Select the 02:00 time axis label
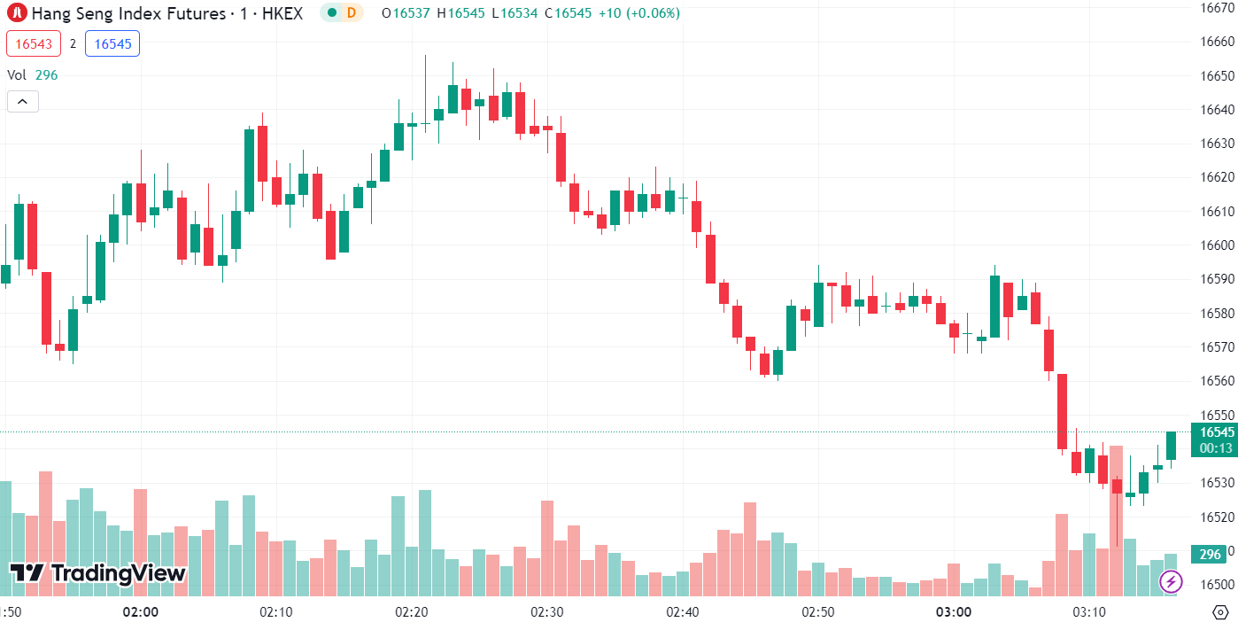pyautogui.click(x=141, y=612)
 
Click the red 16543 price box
pyautogui.click(x=34, y=43)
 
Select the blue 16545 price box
pyautogui.click(x=112, y=43)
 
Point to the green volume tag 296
pyautogui.click(x=1210, y=555)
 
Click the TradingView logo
pyautogui.click(x=97, y=573)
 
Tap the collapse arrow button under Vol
pyautogui.click(x=23, y=101)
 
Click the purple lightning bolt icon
pyautogui.click(x=1172, y=581)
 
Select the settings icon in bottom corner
pyautogui.click(x=1219, y=612)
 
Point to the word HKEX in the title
pyautogui.click(x=282, y=13)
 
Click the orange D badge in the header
pyautogui.click(x=352, y=13)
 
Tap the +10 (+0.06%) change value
pyautogui.click(x=641, y=13)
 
